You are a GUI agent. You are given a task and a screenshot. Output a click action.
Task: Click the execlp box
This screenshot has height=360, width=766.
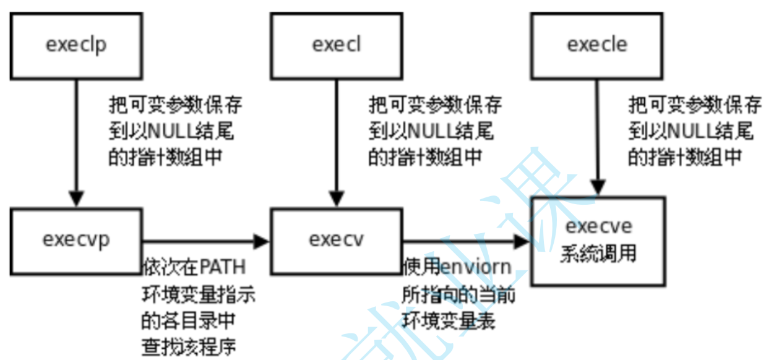pos(76,45)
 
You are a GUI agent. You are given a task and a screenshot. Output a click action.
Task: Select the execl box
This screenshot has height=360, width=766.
pos(336,45)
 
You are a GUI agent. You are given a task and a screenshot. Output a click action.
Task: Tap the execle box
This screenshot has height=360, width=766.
pos(596,45)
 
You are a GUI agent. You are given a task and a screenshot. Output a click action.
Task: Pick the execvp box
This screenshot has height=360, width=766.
pos(76,241)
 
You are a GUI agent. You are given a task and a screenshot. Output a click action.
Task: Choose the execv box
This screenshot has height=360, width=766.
pos(336,241)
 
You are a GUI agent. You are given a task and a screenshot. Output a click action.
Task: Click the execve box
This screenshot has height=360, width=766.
pos(598,241)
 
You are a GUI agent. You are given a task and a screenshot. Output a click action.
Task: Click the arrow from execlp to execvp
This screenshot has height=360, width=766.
pos(76,142)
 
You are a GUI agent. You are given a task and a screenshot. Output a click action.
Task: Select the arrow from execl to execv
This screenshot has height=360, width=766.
pos(336,142)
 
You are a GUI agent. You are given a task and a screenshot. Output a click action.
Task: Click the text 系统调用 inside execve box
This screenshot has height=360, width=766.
pos(598,254)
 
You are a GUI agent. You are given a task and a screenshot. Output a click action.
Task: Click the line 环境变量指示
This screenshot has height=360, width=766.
pos(199,294)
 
